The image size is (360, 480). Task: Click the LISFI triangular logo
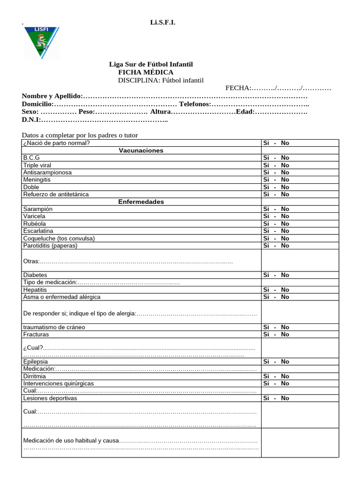(x=42, y=43)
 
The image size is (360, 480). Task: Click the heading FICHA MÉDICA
(x=145, y=72)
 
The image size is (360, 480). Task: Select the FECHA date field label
(x=239, y=88)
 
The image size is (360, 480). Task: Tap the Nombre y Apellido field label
(x=52, y=96)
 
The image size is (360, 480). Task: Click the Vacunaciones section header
(x=141, y=150)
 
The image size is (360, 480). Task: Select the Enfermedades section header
(x=141, y=202)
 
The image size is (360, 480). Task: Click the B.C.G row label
(x=31, y=158)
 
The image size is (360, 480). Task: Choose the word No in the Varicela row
(x=285, y=216)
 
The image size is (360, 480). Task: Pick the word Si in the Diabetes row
(x=266, y=275)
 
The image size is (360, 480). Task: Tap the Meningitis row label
(x=37, y=180)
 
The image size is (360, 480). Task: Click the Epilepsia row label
(x=36, y=361)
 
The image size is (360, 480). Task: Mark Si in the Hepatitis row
(x=266, y=290)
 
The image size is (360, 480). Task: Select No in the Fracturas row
(x=285, y=334)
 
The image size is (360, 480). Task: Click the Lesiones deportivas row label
(x=50, y=398)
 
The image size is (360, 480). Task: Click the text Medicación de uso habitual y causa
(x=71, y=441)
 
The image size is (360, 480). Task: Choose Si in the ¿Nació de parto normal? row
(x=266, y=143)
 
